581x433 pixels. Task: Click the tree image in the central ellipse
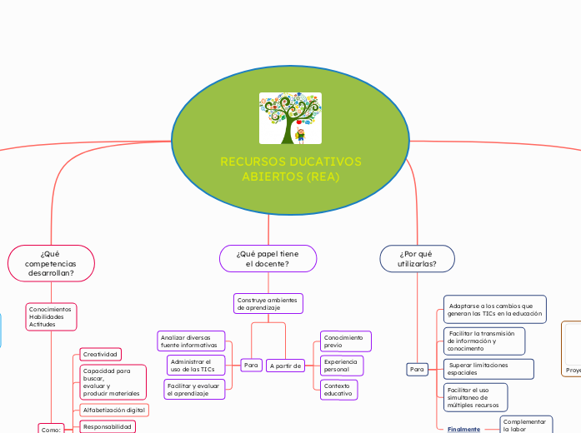point(290,118)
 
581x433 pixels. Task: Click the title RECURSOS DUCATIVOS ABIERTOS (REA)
point(290,169)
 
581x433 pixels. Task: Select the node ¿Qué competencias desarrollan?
point(51,262)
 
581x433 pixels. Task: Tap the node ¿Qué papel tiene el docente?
point(268,258)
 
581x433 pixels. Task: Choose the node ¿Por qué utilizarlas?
point(416,258)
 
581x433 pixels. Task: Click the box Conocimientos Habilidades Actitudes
point(50,316)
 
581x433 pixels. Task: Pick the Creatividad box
point(101,354)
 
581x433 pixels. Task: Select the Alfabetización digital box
point(114,410)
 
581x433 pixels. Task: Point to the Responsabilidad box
point(108,426)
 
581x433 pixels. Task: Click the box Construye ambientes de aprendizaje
point(268,303)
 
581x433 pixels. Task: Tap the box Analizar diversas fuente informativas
point(190,341)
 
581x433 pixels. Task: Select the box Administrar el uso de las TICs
point(192,365)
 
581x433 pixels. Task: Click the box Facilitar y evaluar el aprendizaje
point(194,389)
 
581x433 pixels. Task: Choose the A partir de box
point(286,366)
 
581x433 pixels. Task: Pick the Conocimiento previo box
point(344,341)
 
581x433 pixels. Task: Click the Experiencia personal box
point(341,365)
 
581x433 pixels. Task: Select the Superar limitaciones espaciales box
point(488,368)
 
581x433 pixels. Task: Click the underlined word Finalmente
point(463,430)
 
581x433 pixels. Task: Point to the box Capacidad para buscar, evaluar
point(112,381)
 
